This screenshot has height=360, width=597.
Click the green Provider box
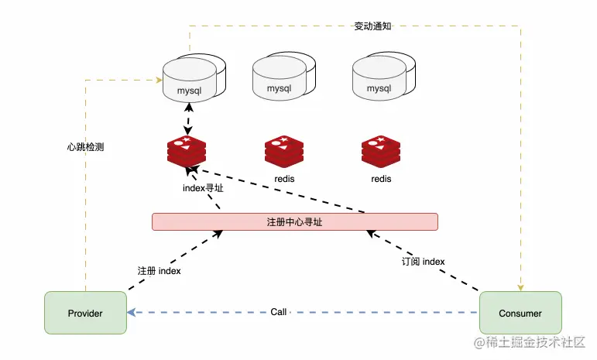pyautogui.click(x=85, y=313)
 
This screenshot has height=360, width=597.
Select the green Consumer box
pyautogui.click(x=520, y=313)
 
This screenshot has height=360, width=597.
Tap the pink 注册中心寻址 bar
pyautogui.click(x=294, y=222)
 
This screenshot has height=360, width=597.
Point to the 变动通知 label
pyautogui.click(x=372, y=26)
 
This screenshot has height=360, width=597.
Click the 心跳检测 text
pyautogui.click(x=85, y=146)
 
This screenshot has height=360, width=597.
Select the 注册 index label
pyautogui.click(x=159, y=271)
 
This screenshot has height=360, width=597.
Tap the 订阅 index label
pyautogui.click(x=423, y=262)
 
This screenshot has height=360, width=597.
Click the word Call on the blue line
pyautogui.click(x=279, y=312)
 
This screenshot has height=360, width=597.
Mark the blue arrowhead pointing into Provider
pyautogui.click(x=132, y=313)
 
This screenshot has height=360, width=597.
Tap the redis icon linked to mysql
pyautogui.click(x=187, y=151)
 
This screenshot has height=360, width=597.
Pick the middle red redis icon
pyautogui.click(x=284, y=151)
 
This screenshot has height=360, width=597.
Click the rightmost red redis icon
pyautogui.click(x=381, y=151)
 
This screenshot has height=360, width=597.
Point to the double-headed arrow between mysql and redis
pyautogui.click(x=187, y=120)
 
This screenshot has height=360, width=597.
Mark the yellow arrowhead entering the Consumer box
pyautogui.click(x=520, y=287)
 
